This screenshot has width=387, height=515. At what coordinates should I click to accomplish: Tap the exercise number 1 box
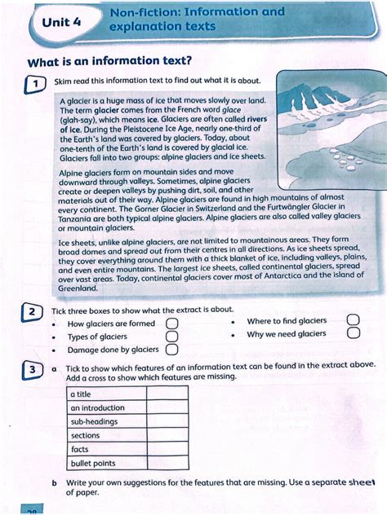(34, 83)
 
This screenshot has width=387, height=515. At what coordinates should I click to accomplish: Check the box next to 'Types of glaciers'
(171, 337)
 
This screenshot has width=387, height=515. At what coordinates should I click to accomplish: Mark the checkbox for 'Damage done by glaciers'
(171, 350)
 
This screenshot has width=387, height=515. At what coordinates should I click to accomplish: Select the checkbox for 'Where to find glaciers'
(353, 321)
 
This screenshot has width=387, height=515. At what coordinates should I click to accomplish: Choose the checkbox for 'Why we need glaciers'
(353, 333)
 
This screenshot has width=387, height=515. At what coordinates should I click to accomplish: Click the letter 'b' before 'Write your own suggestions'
(54, 483)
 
